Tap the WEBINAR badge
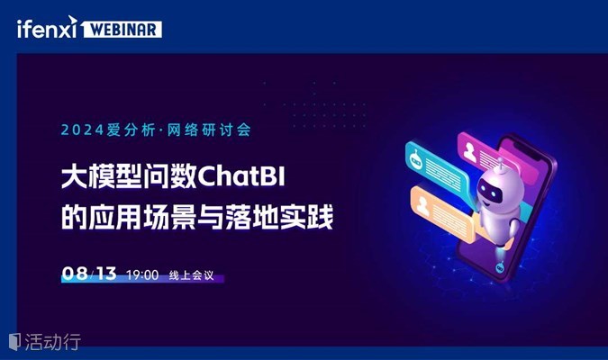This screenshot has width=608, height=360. (123, 30)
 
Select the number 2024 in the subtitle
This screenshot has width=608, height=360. (82, 130)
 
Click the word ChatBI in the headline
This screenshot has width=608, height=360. (241, 177)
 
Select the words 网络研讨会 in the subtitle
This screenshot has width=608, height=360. (209, 130)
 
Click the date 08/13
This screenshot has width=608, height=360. (89, 274)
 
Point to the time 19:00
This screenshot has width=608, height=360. (142, 275)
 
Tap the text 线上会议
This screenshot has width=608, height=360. (191, 275)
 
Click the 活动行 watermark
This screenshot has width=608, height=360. (45, 342)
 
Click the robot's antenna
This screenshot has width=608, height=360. (501, 165)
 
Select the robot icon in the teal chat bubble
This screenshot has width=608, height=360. (416, 159)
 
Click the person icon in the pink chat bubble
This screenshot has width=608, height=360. (470, 151)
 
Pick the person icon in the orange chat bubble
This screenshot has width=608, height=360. (422, 206)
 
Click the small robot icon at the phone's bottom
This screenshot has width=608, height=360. (500, 267)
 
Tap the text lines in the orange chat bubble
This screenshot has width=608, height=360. (449, 220)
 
